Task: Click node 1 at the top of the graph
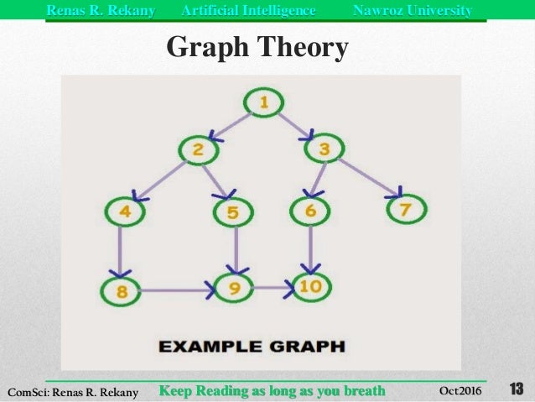pos(264,103)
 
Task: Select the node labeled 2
pos(198,150)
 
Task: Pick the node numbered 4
pos(125,211)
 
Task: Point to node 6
pos(310,211)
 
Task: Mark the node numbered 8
pos(122,292)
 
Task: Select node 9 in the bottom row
pos(236,289)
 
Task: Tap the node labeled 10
pos(310,287)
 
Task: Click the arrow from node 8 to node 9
pos(179,292)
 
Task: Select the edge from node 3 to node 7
pos(366,180)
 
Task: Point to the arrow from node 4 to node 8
pos(123,250)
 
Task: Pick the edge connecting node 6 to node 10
pos(310,248)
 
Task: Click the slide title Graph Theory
pos(257,48)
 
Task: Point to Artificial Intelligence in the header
pos(249,10)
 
